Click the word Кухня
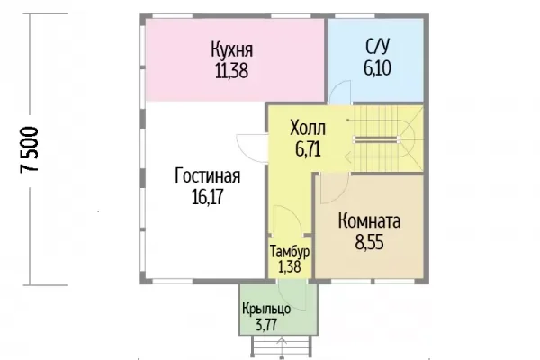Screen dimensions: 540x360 (232, 50)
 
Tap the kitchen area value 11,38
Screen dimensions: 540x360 (232, 71)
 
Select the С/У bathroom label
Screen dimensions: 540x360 (377, 47)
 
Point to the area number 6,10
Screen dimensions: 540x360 (377, 67)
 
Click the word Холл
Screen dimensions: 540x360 (308, 128)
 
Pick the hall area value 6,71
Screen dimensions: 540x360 (308, 149)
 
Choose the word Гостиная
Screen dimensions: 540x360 (208, 175)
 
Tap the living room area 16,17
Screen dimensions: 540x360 (208, 197)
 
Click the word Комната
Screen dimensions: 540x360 (369, 220)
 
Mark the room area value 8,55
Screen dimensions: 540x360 (369, 242)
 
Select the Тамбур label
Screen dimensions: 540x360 (290, 251)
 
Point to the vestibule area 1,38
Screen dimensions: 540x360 (290, 267)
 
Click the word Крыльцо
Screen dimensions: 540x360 (266, 309)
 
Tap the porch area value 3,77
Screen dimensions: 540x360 (265, 325)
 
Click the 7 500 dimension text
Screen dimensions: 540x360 (30, 149)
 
